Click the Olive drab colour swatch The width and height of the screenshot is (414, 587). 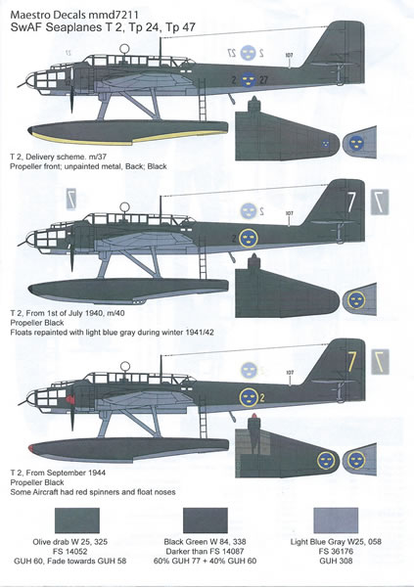click(77, 520)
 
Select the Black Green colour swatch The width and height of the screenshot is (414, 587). click(206, 520)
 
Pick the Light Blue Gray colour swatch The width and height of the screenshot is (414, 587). click(336, 520)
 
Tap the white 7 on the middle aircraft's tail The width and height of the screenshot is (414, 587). click(350, 203)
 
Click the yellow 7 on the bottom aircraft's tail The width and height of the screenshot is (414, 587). click(351, 362)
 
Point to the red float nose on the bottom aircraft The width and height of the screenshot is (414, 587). click(31, 447)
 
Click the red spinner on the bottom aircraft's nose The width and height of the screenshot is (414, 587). click(69, 400)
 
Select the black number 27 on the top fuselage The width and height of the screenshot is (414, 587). click(263, 80)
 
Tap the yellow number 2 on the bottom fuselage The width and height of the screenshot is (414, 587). click(262, 397)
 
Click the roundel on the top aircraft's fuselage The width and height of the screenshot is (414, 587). click(248, 79)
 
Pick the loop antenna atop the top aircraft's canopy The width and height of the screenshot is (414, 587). click(124, 48)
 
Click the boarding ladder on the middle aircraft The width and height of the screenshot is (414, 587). click(203, 258)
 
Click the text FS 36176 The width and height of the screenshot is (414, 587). click(336, 551)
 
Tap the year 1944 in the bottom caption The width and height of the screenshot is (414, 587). click(97, 473)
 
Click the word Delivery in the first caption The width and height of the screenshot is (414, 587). click(39, 157)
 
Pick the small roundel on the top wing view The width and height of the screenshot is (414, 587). click(326, 143)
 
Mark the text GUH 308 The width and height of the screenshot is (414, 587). click(336, 561)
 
